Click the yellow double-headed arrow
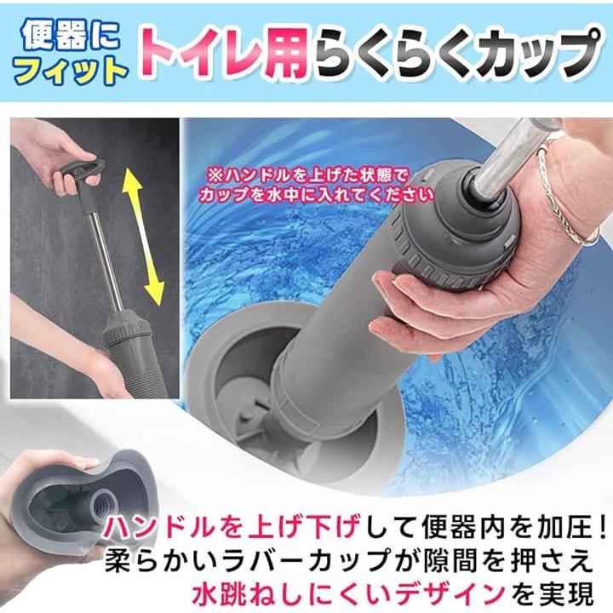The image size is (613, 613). pyautogui.click(x=144, y=238)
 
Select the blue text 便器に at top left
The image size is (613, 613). pyautogui.click(x=71, y=37)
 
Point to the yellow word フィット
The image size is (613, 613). pyautogui.click(x=72, y=72)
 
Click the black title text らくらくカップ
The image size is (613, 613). pyautogui.click(x=456, y=54)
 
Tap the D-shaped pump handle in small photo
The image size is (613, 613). pyautogui.click(x=81, y=172)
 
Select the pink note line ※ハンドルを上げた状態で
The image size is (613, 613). pyautogui.click(x=307, y=177)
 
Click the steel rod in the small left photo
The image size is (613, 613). pyautogui.click(x=105, y=259)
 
